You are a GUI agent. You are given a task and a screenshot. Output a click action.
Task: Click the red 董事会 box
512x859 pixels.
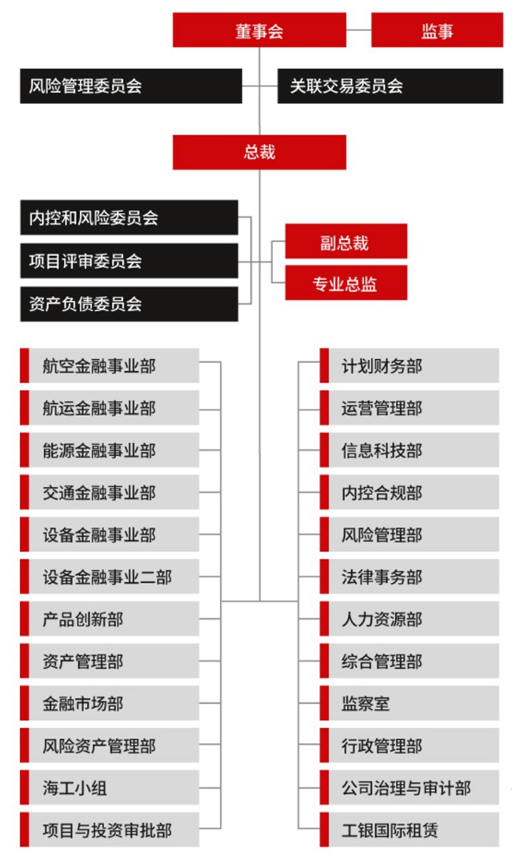click(259, 30)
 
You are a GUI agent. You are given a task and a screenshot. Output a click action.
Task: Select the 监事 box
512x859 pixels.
click(437, 30)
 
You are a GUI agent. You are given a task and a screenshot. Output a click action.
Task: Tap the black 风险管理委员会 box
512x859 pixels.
click(131, 86)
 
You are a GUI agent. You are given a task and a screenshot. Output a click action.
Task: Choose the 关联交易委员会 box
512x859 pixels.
click(390, 86)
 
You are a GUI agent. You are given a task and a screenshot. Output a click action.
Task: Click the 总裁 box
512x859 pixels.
click(259, 152)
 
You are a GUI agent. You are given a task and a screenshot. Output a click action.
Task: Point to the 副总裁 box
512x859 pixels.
click(346, 241)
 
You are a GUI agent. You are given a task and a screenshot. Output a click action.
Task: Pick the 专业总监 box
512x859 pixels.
click(346, 282)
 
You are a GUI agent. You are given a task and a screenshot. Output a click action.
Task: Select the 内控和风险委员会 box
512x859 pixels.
click(130, 218)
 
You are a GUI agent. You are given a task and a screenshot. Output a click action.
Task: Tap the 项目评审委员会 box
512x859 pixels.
click(130, 261)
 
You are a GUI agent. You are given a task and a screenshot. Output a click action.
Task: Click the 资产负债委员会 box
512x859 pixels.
click(130, 304)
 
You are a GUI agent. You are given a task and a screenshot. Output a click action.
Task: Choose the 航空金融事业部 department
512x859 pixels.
click(110, 366)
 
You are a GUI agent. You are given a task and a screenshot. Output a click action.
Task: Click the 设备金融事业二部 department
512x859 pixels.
click(110, 577)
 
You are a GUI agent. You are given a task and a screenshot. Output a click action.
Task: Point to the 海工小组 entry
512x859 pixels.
click(110, 787)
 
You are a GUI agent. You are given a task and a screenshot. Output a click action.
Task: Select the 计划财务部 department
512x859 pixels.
click(410, 366)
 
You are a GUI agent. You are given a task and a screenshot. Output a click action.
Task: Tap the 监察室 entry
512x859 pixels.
click(410, 703)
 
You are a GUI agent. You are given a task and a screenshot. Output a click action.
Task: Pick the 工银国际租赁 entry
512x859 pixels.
click(410, 829)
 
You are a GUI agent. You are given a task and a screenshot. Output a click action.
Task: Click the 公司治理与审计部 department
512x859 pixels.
click(410, 787)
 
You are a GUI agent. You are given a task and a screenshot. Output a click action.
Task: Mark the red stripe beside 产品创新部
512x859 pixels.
click(25, 618)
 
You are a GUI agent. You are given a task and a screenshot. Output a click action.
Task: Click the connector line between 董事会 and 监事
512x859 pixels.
click(359, 30)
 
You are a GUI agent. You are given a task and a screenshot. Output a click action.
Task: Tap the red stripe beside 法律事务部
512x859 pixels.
click(325, 577)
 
